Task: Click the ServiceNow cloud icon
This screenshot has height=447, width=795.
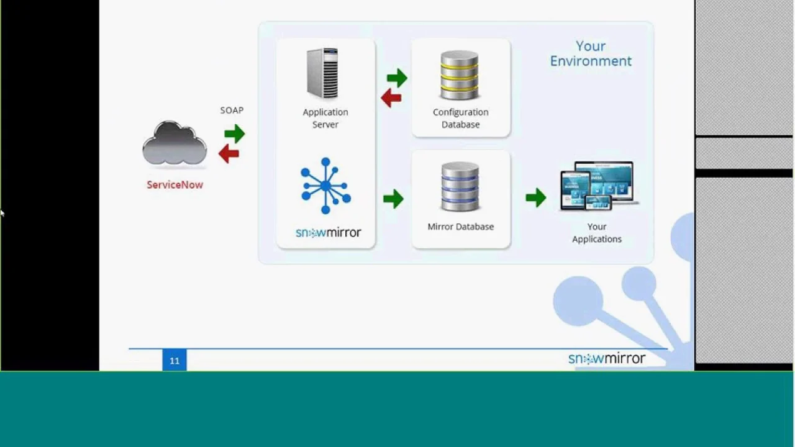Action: click(x=175, y=143)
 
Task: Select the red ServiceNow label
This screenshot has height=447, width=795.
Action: click(x=175, y=184)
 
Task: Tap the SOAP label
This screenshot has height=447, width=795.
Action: click(x=232, y=111)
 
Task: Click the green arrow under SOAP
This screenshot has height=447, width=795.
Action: click(x=234, y=133)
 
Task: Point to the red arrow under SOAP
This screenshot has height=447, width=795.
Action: click(x=229, y=153)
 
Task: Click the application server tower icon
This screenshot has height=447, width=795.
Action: click(x=322, y=73)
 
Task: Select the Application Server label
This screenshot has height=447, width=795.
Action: click(x=325, y=118)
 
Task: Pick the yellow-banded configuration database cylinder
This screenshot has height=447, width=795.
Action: click(x=460, y=75)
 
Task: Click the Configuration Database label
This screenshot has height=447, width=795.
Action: click(x=460, y=118)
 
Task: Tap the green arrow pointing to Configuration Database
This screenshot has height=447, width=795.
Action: click(x=397, y=78)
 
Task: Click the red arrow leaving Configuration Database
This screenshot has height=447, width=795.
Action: click(x=391, y=97)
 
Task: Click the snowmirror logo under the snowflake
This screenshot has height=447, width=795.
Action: click(x=328, y=233)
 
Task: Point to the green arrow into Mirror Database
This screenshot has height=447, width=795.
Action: click(x=393, y=199)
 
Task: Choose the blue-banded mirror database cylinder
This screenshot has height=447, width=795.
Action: click(x=460, y=186)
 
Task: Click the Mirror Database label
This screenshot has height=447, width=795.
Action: click(x=460, y=227)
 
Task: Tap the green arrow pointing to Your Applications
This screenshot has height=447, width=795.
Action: click(x=535, y=198)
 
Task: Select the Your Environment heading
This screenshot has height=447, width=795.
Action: click(x=591, y=53)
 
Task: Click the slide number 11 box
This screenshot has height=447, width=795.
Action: click(x=175, y=361)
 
